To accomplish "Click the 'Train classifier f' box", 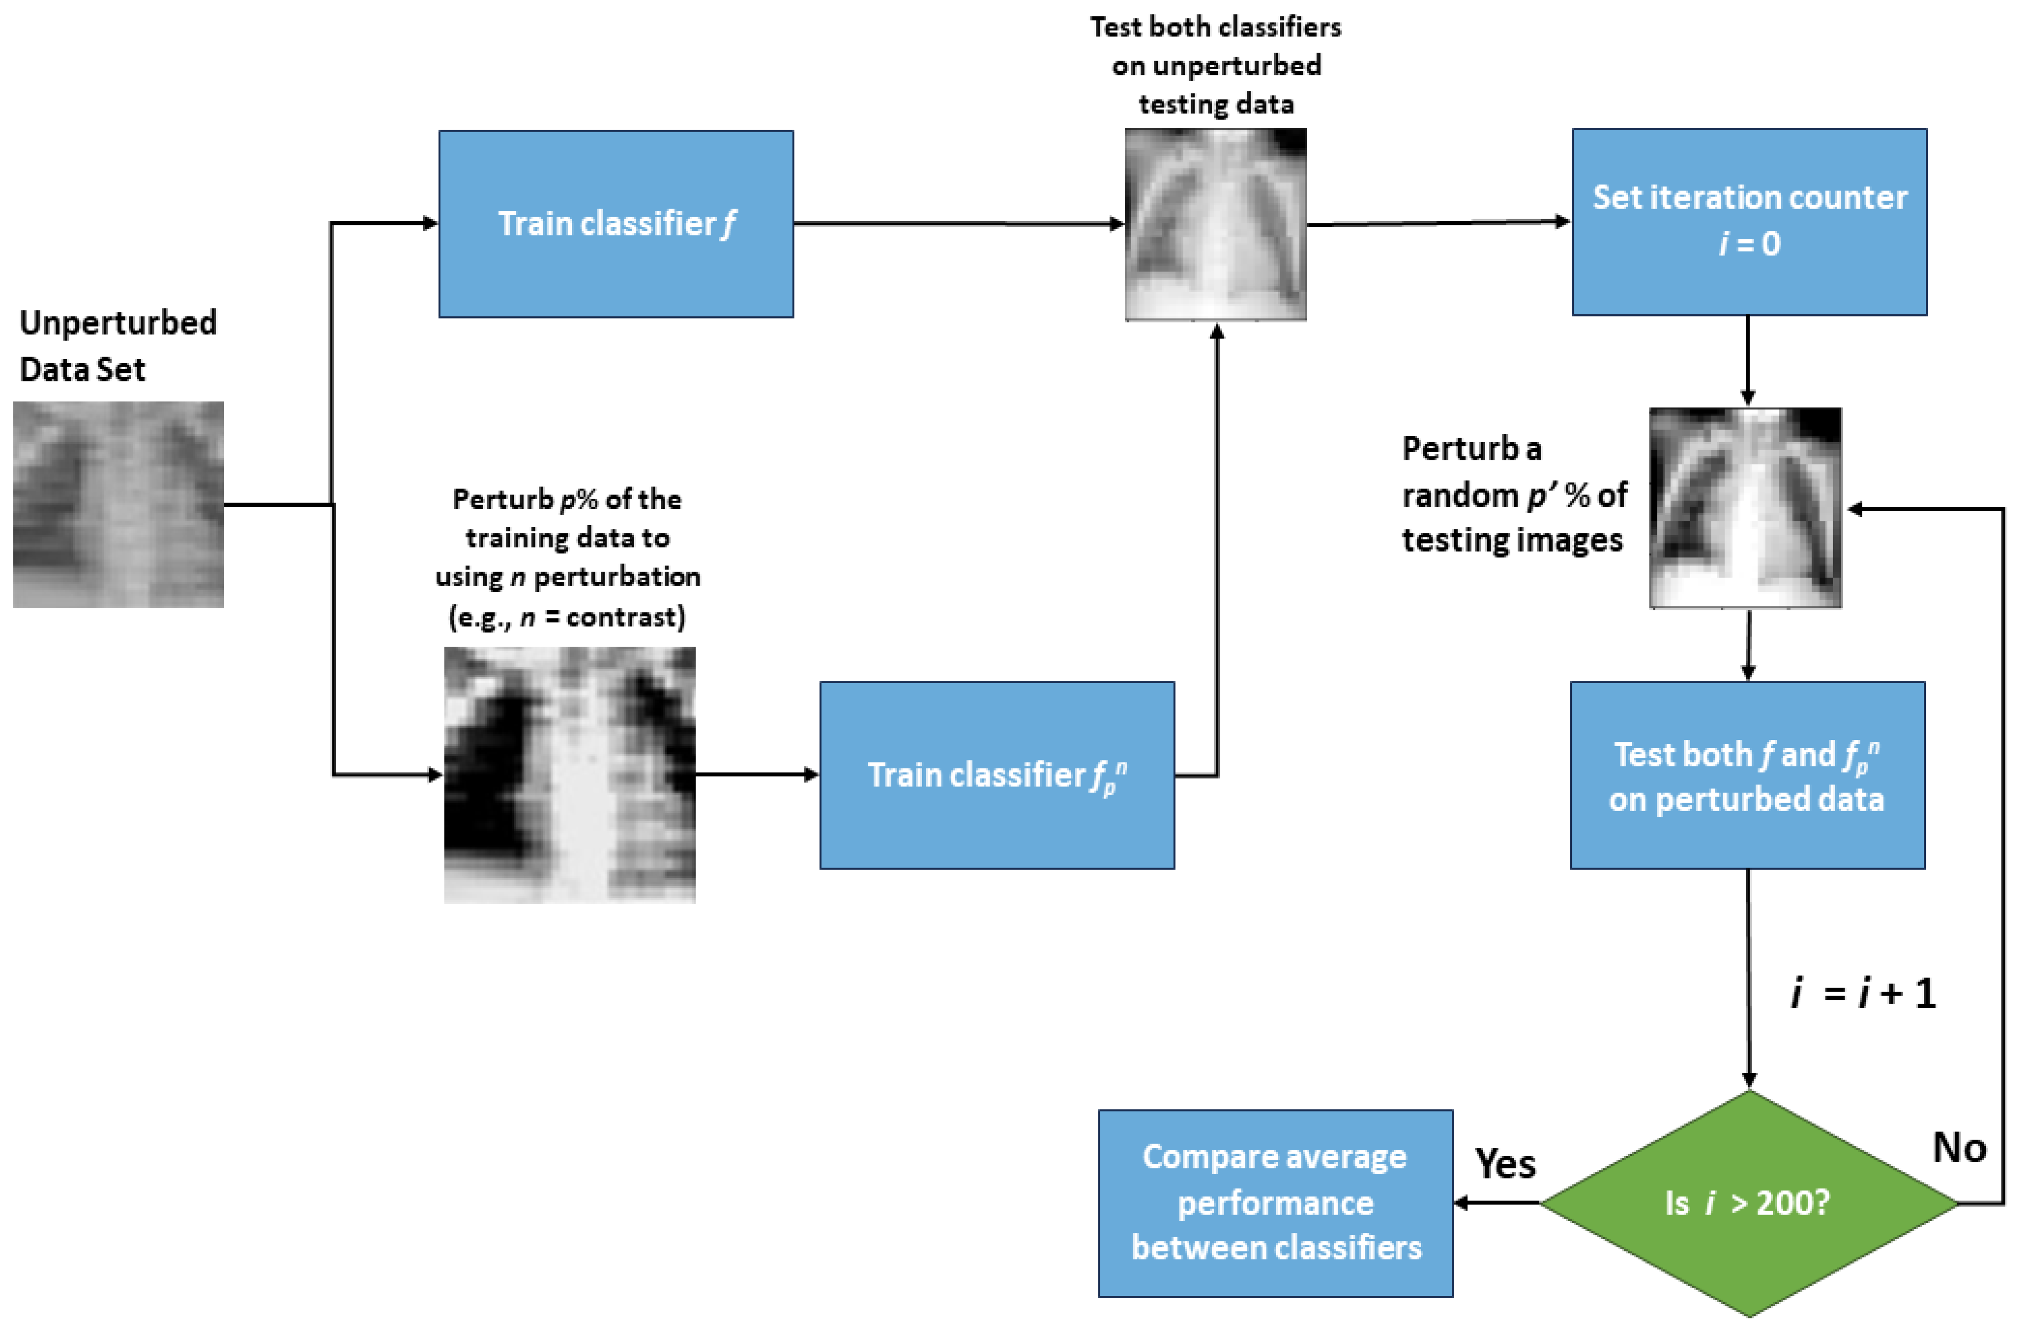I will [616, 224].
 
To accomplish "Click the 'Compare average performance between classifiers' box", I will [1275, 1203].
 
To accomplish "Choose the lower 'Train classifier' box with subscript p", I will [997, 775].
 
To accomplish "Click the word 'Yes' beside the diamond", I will [1505, 1163].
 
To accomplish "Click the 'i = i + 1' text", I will [1863, 993].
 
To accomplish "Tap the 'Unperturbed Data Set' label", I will [118, 345].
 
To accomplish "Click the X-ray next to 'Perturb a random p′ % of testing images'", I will [1745, 507].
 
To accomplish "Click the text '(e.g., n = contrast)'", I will [567, 617].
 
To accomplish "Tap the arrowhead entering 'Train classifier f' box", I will [430, 223].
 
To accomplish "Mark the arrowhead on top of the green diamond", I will [1749, 1082].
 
